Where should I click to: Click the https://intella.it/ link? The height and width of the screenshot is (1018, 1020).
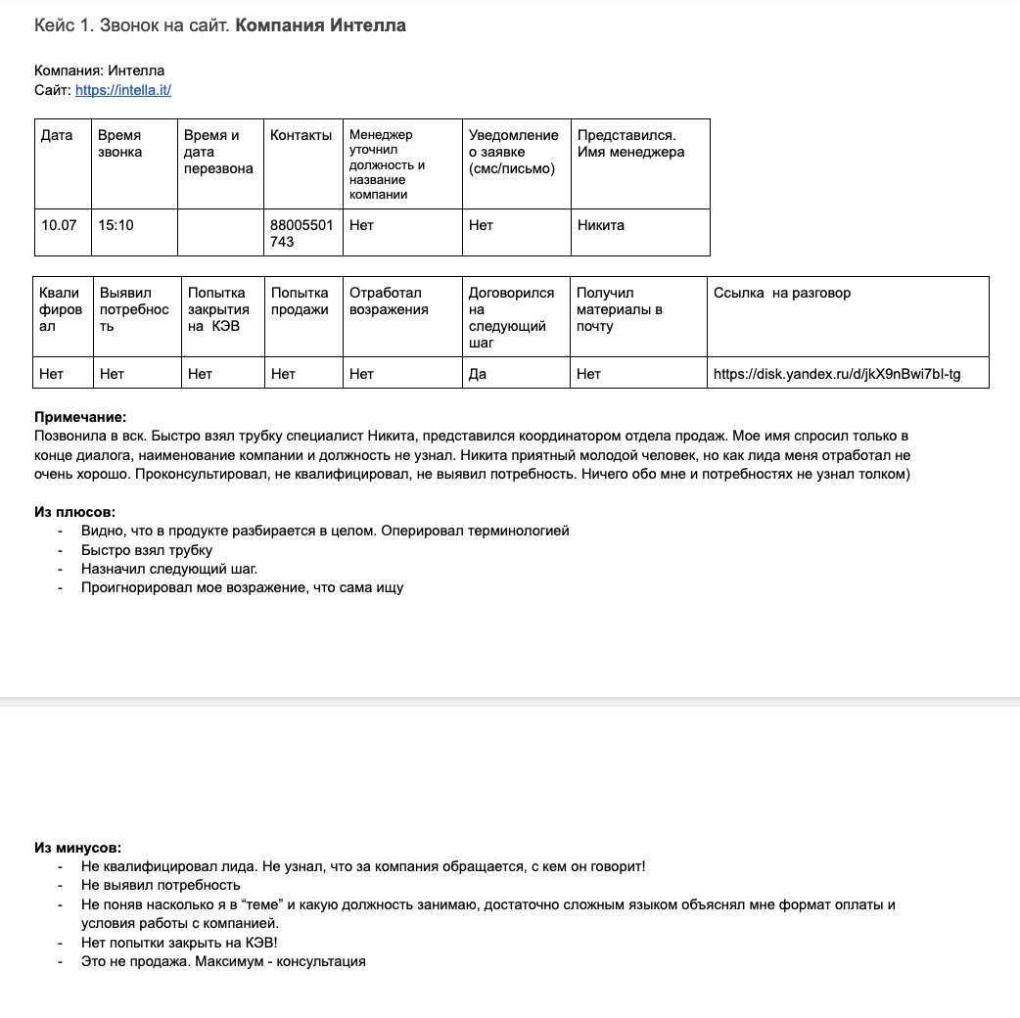pyautogui.click(x=123, y=90)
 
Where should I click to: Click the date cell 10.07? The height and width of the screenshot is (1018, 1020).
pyautogui.click(x=59, y=225)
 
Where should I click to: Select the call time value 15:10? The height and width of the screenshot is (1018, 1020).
pyautogui.click(x=116, y=225)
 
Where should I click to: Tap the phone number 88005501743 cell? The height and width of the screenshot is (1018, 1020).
pyautogui.click(x=301, y=233)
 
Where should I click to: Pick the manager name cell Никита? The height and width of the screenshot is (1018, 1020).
pyautogui.click(x=601, y=225)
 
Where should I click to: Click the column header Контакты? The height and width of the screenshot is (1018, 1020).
pyautogui.click(x=301, y=135)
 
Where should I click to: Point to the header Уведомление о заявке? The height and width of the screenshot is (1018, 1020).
pyautogui.click(x=514, y=152)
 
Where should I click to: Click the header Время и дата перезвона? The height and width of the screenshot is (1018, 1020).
pyautogui.click(x=218, y=152)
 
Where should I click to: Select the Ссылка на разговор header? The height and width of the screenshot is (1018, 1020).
pyautogui.click(x=782, y=293)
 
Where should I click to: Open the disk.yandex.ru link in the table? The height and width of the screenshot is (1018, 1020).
pyautogui.click(x=837, y=374)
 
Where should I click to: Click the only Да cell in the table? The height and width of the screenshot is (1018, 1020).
pyautogui.click(x=478, y=374)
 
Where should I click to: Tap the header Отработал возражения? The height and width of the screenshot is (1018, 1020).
pyautogui.click(x=389, y=301)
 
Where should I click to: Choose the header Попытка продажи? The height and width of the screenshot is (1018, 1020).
pyautogui.click(x=300, y=301)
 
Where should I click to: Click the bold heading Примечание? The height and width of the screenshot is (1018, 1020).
pyautogui.click(x=80, y=417)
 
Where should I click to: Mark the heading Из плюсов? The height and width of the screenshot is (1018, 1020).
pyautogui.click(x=74, y=512)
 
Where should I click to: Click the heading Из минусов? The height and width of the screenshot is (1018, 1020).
pyautogui.click(x=77, y=848)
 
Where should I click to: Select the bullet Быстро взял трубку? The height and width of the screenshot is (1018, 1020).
pyautogui.click(x=147, y=550)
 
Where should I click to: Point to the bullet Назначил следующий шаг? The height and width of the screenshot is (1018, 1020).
pyautogui.click(x=169, y=569)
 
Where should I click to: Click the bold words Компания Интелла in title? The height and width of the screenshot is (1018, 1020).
pyautogui.click(x=320, y=25)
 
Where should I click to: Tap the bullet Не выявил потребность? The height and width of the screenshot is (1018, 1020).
pyautogui.click(x=161, y=886)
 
